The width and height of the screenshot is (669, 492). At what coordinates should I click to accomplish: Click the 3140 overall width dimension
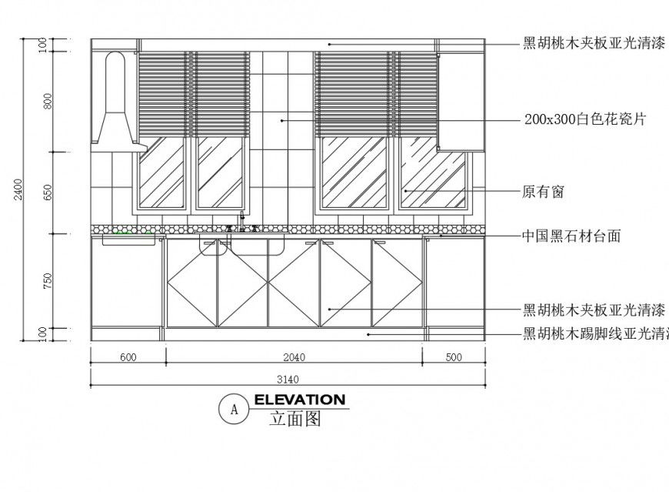pyautogui.click(x=287, y=378)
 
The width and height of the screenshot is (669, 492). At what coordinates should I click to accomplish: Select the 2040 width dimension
pyautogui.click(x=294, y=356)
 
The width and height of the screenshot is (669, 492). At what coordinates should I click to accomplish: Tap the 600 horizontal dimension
pyautogui.click(x=128, y=356)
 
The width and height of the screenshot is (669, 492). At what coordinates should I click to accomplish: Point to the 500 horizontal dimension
pyautogui.click(x=453, y=356)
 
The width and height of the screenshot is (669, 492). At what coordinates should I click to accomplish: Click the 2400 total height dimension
pyautogui.click(x=18, y=190)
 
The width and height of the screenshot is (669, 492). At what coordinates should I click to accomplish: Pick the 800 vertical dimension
pyautogui.click(x=48, y=102)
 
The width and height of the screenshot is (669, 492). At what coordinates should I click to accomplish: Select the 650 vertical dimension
pyautogui.click(x=48, y=192)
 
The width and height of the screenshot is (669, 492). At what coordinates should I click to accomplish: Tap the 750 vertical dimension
pyautogui.click(x=48, y=281)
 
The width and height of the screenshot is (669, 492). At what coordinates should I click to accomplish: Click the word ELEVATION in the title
pyautogui.click(x=299, y=400)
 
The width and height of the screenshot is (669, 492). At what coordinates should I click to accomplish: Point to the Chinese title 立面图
pyautogui.click(x=295, y=420)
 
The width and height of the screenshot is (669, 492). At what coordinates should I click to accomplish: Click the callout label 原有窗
pyautogui.click(x=543, y=192)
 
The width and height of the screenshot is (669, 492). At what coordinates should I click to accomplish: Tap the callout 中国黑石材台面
pyautogui.click(x=571, y=236)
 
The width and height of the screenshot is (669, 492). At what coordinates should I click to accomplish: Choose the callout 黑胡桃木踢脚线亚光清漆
pyautogui.click(x=596, y=334)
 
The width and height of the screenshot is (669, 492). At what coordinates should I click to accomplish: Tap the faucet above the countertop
pyautogui.click(x=242, y=223)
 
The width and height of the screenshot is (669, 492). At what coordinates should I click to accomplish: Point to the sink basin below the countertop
pyautogui.click(x=215, y=246)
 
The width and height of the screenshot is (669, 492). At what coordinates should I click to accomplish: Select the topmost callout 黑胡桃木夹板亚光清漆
pyautogui.click(x=594, y=43)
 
